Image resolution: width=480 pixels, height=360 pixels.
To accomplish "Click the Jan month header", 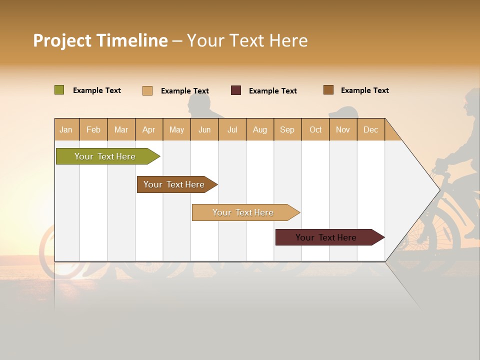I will point(66,129).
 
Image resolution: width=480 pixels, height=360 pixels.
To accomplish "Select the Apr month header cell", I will point(149,129).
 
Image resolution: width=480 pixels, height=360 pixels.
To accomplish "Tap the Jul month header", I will point(232,129).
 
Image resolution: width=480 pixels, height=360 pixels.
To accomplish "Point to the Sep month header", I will point(287,129).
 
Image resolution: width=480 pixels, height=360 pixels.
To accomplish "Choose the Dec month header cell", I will point(370,129).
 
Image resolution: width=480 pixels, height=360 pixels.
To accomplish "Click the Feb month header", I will point(93,129).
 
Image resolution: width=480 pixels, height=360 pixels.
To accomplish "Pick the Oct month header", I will point(315,129).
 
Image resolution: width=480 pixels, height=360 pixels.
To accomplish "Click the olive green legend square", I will point(59,90).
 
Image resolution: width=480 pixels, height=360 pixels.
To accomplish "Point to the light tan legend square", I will point(147,90).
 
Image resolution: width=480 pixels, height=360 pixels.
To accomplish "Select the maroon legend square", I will point(236,90).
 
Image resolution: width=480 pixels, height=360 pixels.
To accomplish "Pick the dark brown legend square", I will point(328,90).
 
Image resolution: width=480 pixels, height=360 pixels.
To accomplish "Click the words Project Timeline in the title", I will point(100,40).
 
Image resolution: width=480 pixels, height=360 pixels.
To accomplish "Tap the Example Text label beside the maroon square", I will point(272,91).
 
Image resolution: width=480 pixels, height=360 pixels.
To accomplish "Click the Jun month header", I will point(204,129).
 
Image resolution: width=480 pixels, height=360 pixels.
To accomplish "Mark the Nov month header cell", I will point(343,129).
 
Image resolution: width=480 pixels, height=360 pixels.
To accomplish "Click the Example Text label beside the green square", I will point(97,90).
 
